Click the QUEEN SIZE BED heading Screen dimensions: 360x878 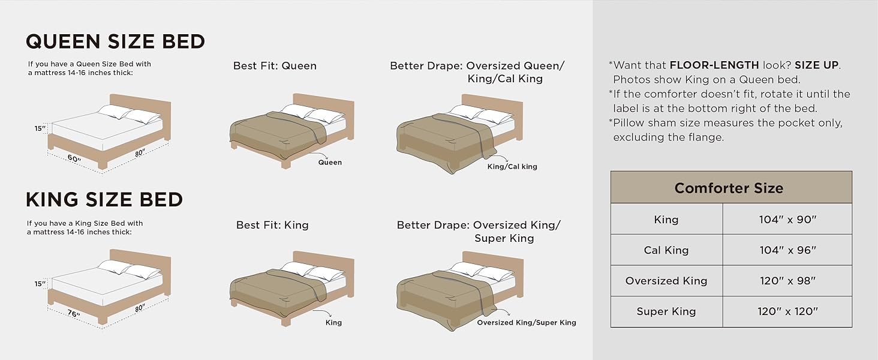coord(115,41)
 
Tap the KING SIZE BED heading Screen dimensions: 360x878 coord(104,199)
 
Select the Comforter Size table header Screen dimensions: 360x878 coord(729,188)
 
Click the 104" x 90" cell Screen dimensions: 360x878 coord(787,220)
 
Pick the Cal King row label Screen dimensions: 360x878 coord(666,250)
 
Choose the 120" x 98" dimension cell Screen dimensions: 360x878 coord(787,281)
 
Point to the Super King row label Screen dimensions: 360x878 coord(666,311)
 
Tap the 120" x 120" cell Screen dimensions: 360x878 coord(787,311)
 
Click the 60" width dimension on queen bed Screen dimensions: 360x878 coord(74,158)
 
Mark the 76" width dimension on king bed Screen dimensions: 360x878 coord(74,314)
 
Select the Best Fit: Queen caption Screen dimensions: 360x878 coord(275,66)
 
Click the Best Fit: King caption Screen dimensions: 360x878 coord(272,226)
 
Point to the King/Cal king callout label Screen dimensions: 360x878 coord(512,166)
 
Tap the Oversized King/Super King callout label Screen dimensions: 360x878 coord(527,323)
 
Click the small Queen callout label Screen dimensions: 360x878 coord(330,162)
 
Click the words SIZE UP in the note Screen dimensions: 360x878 coord(817,65)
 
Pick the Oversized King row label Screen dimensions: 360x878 coord(666,281)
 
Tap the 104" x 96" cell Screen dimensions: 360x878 coord(787,250)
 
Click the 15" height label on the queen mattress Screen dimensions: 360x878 coord(40,128)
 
